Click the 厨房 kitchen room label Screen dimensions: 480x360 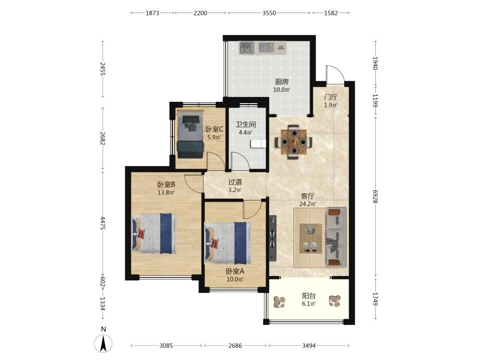click(x=282, y=82)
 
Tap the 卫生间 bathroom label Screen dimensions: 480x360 click(x=245, y=125)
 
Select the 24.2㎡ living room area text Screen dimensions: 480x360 click(x=308, y=204)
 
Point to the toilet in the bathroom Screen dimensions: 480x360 click(x=258, y=144)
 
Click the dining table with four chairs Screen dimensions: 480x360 click(x=294, y=142)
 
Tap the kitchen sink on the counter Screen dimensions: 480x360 click(x=247, y=48)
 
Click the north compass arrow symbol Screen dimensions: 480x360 click(x=104, y=343)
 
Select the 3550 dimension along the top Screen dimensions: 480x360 click(x=269, y=13)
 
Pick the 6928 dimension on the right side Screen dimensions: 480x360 click(x=376, y=196)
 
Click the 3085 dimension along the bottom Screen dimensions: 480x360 click(x=166, y=346)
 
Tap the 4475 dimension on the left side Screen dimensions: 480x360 click(x=103, y=223)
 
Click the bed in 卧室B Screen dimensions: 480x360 click(x=154, y=233)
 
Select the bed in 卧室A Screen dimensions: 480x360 click(x=228, y=243)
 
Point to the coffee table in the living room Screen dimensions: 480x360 click(x=311, y=239)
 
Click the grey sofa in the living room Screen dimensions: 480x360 click(x=336, y=237)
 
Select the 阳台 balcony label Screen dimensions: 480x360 click(x=309, y=296)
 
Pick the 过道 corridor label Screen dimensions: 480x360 click(x=235, y=182)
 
